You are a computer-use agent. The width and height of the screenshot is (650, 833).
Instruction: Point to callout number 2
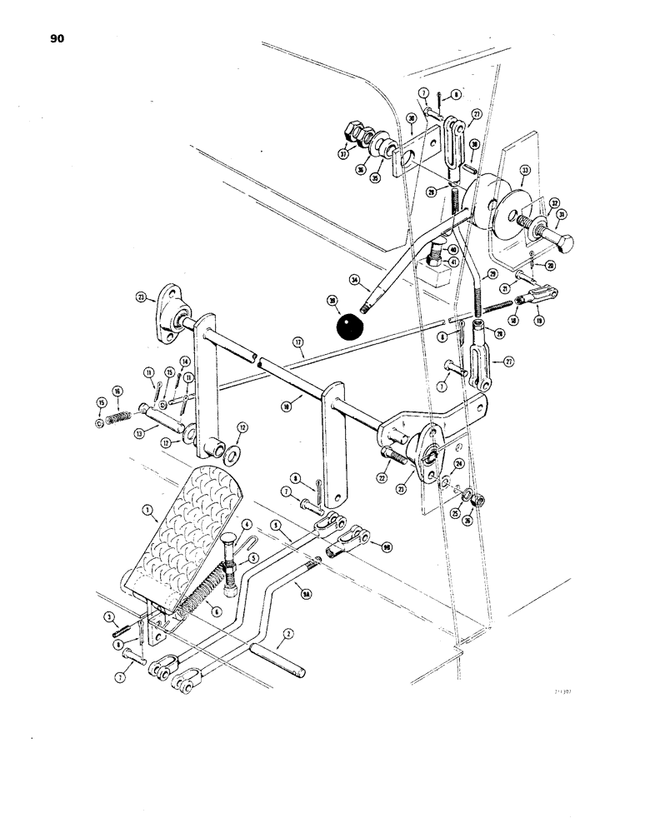(287, 634)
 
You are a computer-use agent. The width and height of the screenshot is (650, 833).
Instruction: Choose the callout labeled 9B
(386, 548)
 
